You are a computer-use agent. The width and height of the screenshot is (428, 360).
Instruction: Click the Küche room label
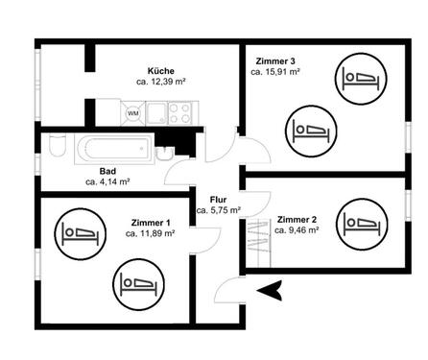[x=160, y=71]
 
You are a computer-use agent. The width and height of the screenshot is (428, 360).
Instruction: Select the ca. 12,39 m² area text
[x=160, y=83]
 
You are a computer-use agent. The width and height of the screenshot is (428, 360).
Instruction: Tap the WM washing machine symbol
[x=132, y=113]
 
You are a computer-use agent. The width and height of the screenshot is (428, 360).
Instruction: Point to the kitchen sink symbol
[x=156, y=113]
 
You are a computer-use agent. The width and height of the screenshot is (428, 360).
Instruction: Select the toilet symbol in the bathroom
[x=55, y=150]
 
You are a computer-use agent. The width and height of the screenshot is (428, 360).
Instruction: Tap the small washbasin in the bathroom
[x=165, y=154]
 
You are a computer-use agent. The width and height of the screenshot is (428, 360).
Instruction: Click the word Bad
[x=107, y=170]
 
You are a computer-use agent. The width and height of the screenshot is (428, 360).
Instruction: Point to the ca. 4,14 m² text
[x=107, y=180]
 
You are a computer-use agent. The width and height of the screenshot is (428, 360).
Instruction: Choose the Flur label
[x=218, y=199]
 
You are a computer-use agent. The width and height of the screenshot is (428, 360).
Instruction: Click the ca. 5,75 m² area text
[x=218, y=210]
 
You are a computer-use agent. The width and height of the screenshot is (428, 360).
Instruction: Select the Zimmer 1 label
[x=151, y=222]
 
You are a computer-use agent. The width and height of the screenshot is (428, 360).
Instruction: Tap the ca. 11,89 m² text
[x=151, y=233]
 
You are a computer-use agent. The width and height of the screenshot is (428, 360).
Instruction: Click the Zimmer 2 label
[x=297, y=219]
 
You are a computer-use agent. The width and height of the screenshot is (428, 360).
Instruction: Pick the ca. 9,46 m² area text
[x=297, y=230]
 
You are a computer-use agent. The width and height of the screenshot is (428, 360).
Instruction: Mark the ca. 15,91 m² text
[x=275, y=71]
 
